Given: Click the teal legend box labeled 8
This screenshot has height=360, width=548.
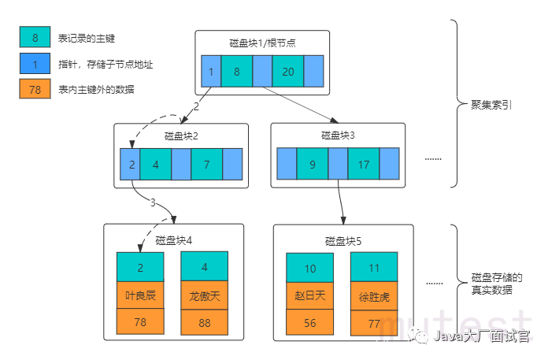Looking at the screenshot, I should [x=35, y=37].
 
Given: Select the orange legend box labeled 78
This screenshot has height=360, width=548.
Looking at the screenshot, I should [x=35, y=89].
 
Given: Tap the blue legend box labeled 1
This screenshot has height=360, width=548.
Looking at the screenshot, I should [x=35, y=63].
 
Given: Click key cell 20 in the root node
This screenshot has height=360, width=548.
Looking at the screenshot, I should [x=287, y=72].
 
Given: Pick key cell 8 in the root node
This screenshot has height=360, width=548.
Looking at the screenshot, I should [x=236, y=72].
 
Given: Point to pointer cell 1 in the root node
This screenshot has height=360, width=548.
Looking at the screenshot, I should [x=211, y=72].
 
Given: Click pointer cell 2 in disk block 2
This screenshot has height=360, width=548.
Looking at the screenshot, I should [x=131, y=165].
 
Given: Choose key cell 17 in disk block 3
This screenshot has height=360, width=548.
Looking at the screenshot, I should [x=363, y=165].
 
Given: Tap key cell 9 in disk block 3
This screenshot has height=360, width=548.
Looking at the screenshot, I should [x=312, y=165].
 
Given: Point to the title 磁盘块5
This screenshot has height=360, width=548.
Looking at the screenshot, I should [x=342, y=240].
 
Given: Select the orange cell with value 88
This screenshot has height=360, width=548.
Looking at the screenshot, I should [x=204, y=321].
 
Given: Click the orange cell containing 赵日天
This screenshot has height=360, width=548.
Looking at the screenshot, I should [x=309, y=295].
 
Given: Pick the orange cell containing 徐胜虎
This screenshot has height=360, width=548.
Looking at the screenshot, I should [x=375, y=296].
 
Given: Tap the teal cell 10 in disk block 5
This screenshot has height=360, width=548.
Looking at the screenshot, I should [x=309, y=268].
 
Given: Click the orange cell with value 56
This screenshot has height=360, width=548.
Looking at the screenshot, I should [x=309, y=322].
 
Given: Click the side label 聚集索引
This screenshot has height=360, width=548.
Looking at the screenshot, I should [x=492, y=105].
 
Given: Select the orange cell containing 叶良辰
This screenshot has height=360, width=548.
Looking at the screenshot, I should [x=140, y=295].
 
